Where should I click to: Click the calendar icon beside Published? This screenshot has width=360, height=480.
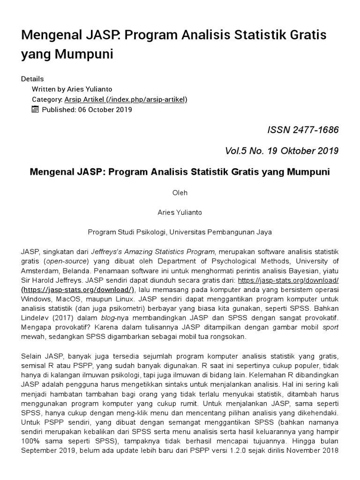(x=35, y=110)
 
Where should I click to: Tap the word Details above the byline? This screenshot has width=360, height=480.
(x=32, y=79)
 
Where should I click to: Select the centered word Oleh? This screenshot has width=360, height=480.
(x=180, y=193)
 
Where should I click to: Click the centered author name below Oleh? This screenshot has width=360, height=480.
(x=180, y=212)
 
